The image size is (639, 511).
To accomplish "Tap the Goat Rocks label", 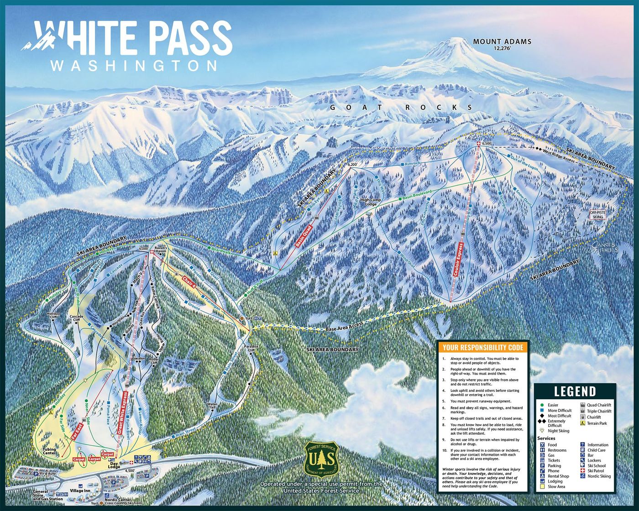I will tap(401, 107).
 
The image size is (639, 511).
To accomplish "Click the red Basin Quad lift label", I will tap(304, 236).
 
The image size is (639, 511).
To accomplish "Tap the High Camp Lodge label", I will tap(370, 202).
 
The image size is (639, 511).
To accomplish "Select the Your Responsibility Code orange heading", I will tap(482, 347).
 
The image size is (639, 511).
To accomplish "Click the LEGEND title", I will tap(575, 391).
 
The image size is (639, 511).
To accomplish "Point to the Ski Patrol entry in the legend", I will tap(595, 471).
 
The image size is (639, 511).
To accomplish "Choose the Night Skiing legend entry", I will tap(557, 431).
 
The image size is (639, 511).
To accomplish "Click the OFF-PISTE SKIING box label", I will tap(597, 215).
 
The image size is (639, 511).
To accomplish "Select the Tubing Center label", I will tap(49, 451).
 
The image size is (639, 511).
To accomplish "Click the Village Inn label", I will tap(80, 490).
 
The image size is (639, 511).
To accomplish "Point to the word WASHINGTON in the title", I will tap(134, 65).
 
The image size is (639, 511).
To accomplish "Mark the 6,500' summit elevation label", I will tap(487, 143).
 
